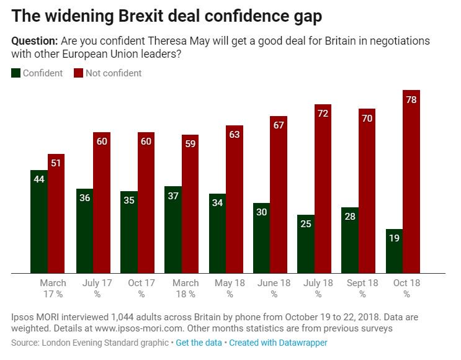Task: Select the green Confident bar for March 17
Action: [39, 221]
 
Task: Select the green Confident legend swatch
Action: [16, 73]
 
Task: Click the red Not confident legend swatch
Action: [79, 73]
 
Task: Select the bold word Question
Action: [34, 41]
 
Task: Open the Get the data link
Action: [199, 343]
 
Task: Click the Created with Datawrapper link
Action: [278, 343]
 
